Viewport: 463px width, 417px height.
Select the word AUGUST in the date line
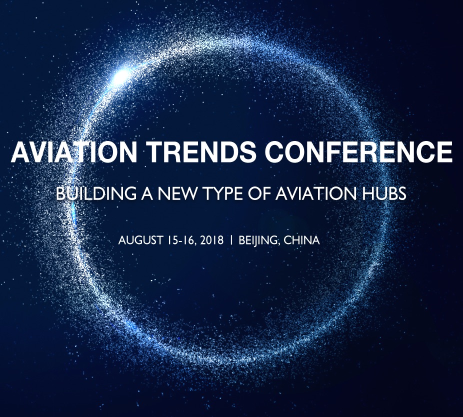(x=140, y=240)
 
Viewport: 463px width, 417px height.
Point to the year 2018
(x=212, y=240)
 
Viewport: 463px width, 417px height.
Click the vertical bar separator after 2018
(x=231, y=240)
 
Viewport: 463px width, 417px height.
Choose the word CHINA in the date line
(x=301, y=240)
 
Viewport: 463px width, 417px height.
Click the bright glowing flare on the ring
(x=121, y=76)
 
